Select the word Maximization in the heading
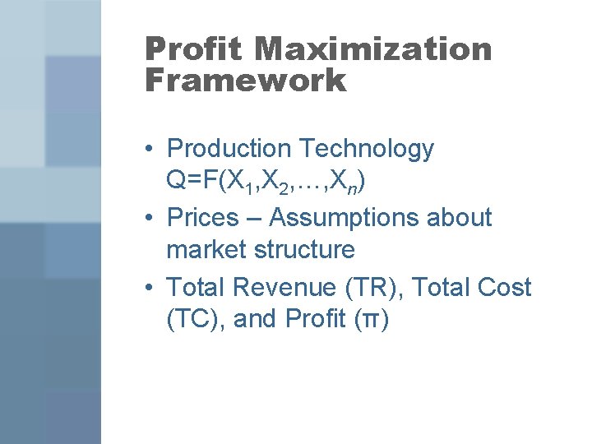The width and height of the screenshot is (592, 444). pyautogui.click(x=372, y=49)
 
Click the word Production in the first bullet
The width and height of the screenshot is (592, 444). pyautogui.click(x=228, y=149)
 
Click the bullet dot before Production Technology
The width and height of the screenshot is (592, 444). pyautogui.click(x=145, y=150)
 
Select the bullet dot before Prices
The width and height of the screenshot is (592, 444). pyautogui.click(x=145, y=219)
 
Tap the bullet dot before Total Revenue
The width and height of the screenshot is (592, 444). pyautogui.click(x=145, y=288)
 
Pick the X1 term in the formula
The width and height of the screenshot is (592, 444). pyautogui.click(x=246, y=183)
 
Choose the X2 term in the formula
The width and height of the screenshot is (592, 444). pyautogui.click(x=283, y=183)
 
